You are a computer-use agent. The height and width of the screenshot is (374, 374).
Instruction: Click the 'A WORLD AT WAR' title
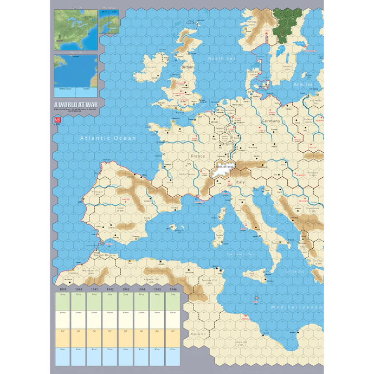(x=75, y=106)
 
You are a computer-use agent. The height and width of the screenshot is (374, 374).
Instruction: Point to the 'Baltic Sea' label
(x=302, y=85)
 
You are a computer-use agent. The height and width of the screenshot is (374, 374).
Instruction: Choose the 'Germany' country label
(x=270, y=121)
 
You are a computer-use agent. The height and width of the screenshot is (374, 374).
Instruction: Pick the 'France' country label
(x=198, y=156)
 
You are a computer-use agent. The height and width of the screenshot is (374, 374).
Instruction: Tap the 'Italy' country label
(x=240, y=183)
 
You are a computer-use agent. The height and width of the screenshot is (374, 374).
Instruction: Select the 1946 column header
(x=173, y=289)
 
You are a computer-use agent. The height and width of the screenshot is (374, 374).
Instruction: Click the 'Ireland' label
(x=152, y=67)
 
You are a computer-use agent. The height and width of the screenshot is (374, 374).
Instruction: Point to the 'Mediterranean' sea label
(x=297, y=307)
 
